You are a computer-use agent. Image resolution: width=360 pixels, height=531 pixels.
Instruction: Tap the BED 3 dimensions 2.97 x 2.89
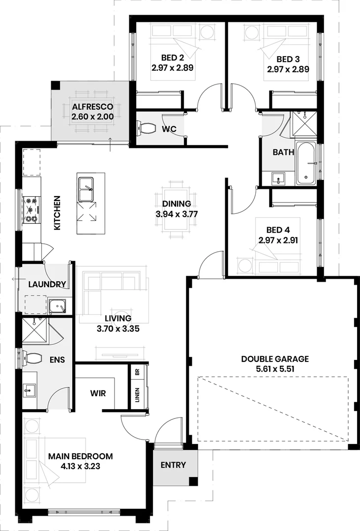click(288, 69)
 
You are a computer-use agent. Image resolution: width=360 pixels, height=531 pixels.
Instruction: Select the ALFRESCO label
click(92, 107)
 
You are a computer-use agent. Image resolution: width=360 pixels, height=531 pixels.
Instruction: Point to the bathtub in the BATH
click(306, 164)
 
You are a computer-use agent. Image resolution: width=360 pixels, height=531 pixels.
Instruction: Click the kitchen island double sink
click(87, 188)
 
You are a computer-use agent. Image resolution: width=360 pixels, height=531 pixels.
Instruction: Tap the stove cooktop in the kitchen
click(31, 209)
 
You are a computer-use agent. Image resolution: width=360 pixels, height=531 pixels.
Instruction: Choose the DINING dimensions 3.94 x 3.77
click(177, 214)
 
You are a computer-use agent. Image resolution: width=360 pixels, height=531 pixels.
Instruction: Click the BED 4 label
click(278, 230)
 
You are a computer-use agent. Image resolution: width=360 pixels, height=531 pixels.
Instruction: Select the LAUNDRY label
click(47, 284)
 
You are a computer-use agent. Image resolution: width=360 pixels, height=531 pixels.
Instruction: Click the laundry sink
click(58, 306)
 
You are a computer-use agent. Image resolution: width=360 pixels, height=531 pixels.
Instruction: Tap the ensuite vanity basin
click(30, 390)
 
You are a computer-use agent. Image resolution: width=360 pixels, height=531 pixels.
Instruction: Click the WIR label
click(98, 393)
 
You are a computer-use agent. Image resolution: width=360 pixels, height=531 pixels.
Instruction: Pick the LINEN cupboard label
click(138, 394)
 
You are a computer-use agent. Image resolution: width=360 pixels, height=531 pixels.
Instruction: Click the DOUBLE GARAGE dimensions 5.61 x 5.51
click(275, 368)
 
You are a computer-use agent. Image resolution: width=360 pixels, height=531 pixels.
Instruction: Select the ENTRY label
click(173, 465)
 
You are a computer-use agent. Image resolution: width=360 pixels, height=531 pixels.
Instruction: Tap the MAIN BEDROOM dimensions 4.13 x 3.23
click(80, 466)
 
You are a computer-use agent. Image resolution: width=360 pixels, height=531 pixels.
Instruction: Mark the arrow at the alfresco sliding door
click(110, 144)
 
